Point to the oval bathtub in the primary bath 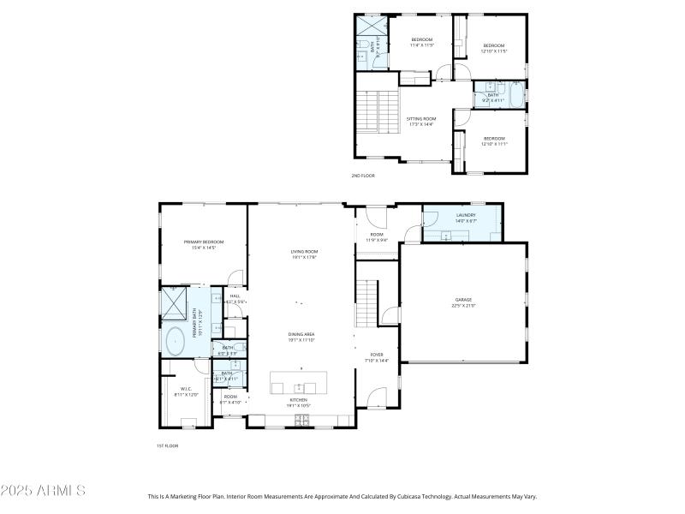tap(176, 341)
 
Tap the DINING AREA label tap(301, 337)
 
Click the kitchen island tap(301, 382)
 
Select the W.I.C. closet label tap(187, 390)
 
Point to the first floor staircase tap(366, 302)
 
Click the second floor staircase tap(372, 112)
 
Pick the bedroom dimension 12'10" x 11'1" tap(494, 144)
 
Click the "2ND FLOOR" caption tap(363, 176)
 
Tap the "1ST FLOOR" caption tap(167, 445)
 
